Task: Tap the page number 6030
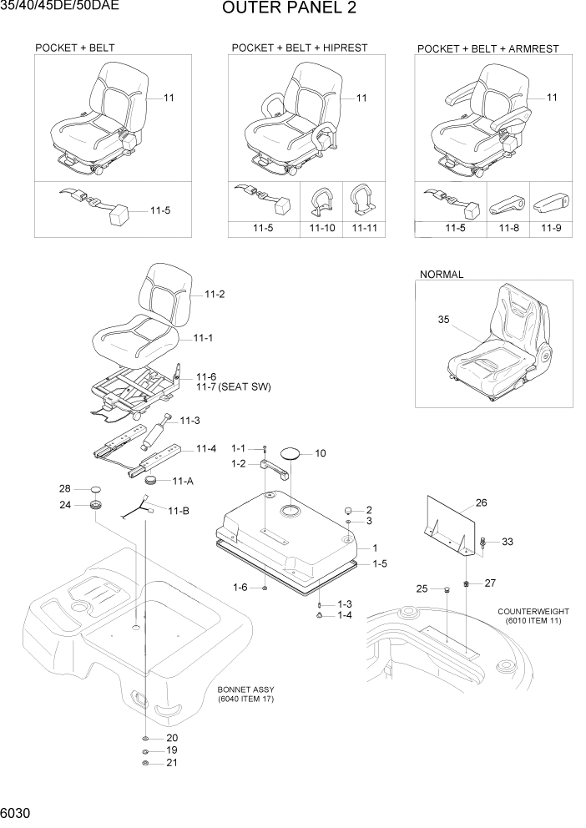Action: tap(18, 811)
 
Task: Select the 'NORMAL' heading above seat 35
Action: tap(442, 274)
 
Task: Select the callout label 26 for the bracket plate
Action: tap(481, 502)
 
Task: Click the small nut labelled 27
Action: tap(467, 583)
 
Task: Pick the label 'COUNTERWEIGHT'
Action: tap(529, 611)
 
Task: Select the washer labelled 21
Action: tap(146, 763)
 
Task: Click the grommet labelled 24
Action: tap(97, 506)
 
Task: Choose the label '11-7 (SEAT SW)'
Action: tap(233, 387)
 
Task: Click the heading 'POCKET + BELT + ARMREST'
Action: tap(487, 49)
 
